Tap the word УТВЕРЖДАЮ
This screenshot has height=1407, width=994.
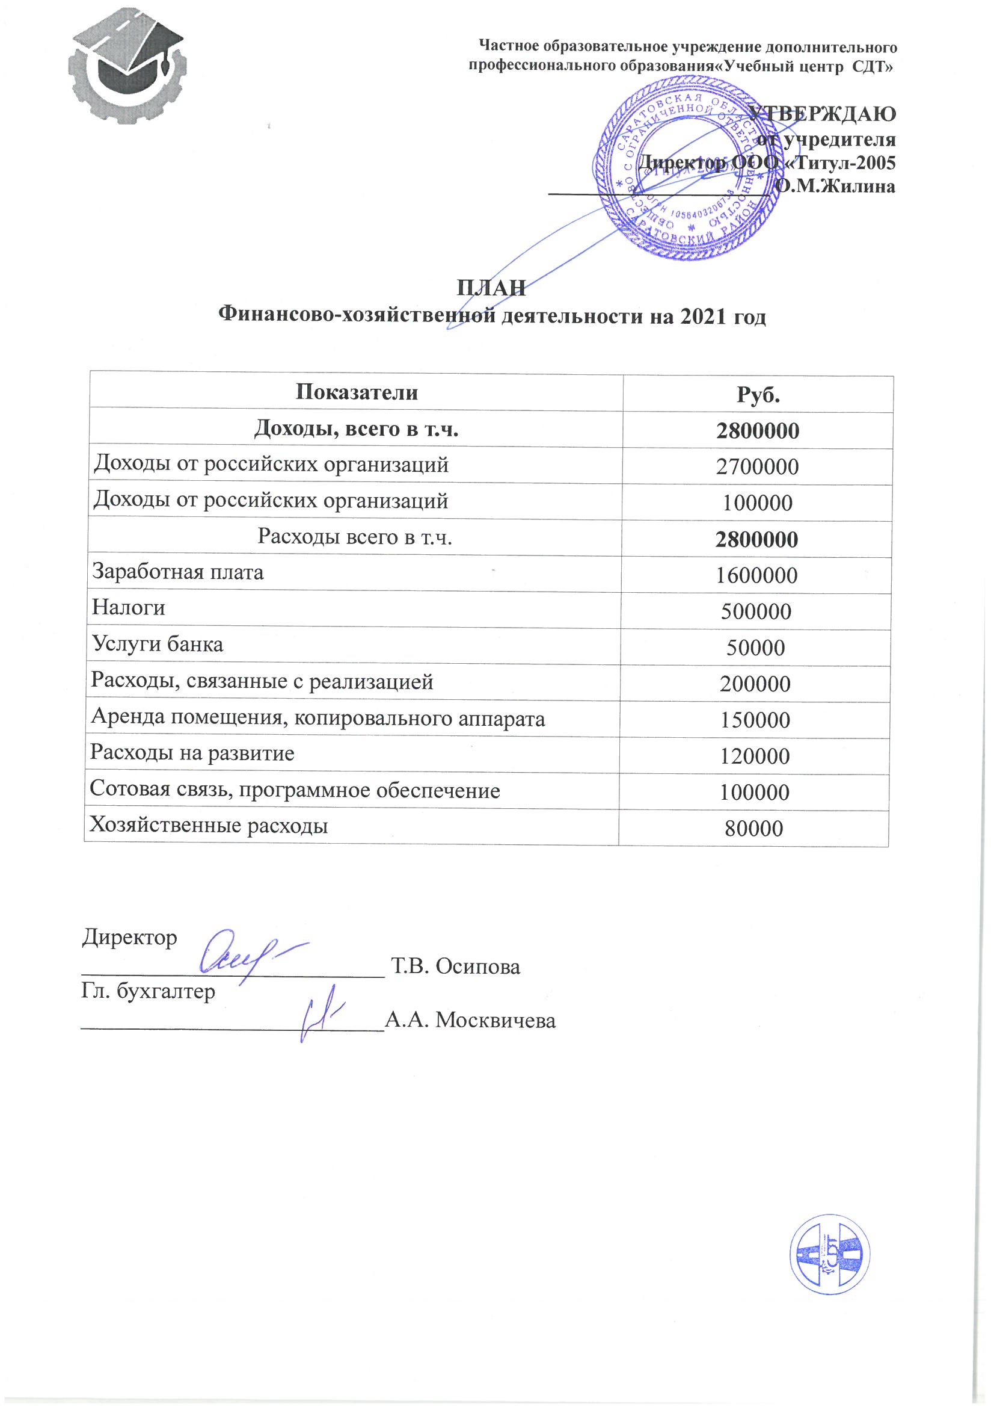point(823,113)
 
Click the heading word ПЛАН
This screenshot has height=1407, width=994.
point(491,288)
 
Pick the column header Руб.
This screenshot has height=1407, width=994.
point(758,395)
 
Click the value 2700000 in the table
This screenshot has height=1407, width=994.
point(758,467)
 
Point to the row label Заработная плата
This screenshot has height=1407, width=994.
point(177,572)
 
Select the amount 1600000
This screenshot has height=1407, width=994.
point(757,576)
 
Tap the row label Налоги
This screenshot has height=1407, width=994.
point(129,608)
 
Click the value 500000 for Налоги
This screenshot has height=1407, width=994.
point(756,612)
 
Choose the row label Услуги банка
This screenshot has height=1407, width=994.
point(158,644)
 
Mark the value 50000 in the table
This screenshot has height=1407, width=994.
point(756,648)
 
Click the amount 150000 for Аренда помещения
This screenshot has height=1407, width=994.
point(755,720)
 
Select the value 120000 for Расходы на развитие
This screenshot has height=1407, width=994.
point(755,756)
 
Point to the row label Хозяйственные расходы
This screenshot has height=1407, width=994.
point(209,826)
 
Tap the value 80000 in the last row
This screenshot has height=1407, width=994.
point(754,829)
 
